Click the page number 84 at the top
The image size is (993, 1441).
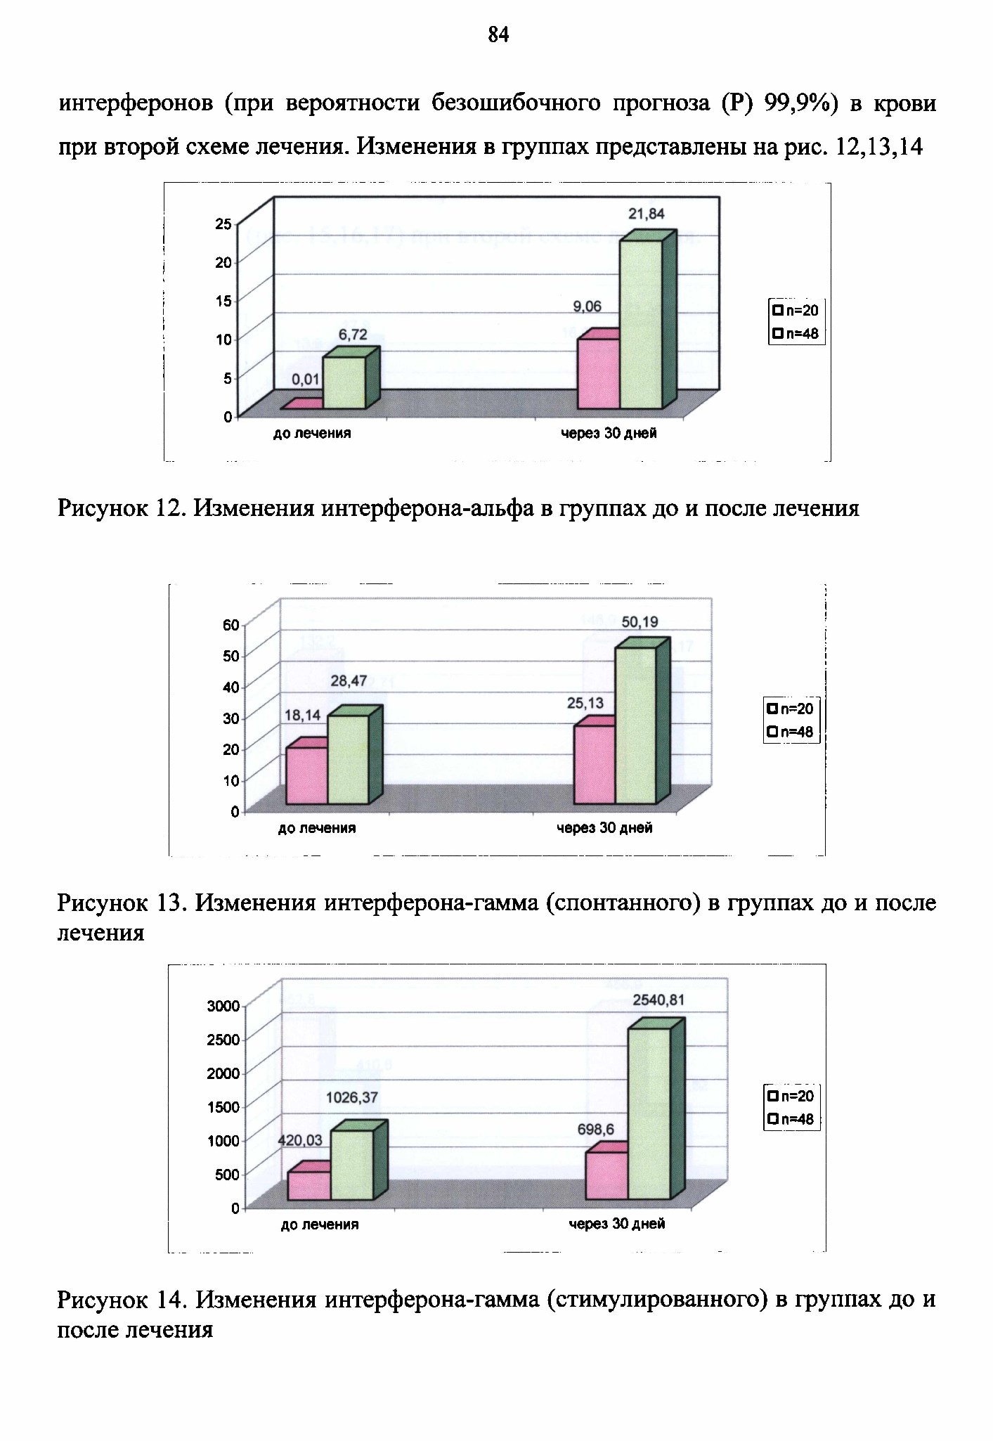[x=498, y=34]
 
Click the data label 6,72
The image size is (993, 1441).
[x=353, y=335]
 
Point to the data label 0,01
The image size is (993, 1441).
[x=306, y=380]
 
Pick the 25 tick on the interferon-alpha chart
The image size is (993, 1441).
[x=223, y=224]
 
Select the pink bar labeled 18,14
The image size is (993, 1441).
[x=306, y=771]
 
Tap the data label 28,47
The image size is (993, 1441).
[x=349, y=681]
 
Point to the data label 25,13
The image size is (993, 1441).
[x=585, y=703]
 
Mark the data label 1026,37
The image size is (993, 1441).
[x=353, y=1097]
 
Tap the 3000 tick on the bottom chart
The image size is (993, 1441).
[x=223, y=1006]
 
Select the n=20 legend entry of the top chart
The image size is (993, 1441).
[x=795, y=311]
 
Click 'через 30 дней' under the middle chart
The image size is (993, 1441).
[x=604, y=828]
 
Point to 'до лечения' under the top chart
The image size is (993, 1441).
[x=312, y=434]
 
